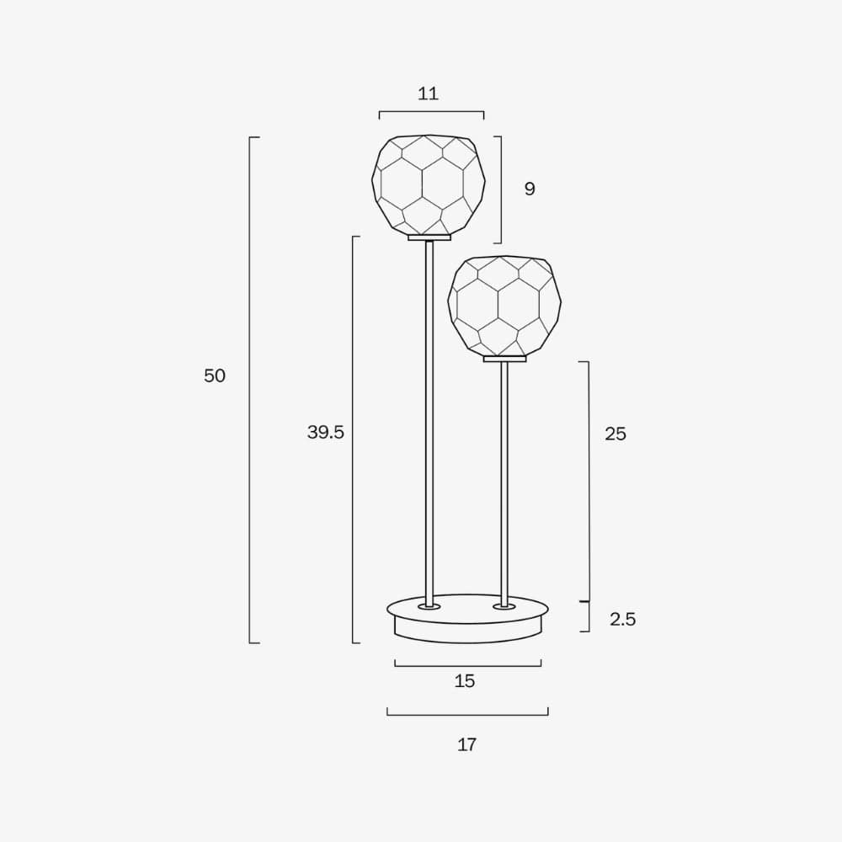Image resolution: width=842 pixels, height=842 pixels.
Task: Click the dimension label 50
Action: point(215,376)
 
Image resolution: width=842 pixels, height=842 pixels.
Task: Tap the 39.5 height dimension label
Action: point(325,432)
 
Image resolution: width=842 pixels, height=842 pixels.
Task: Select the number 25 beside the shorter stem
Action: point(616,434)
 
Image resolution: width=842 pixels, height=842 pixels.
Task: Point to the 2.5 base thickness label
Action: point(623,620)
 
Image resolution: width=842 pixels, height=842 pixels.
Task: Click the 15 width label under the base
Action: point(465,681)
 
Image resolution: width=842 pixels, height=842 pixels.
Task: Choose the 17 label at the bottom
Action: point(466,745)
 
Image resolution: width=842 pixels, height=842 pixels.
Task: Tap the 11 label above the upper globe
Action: point(428,94)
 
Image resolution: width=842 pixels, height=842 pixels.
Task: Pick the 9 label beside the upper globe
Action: point(530,189)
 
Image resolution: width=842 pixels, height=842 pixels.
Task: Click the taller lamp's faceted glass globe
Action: point(429,184)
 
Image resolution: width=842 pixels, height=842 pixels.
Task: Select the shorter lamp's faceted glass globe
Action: point(504,306)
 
